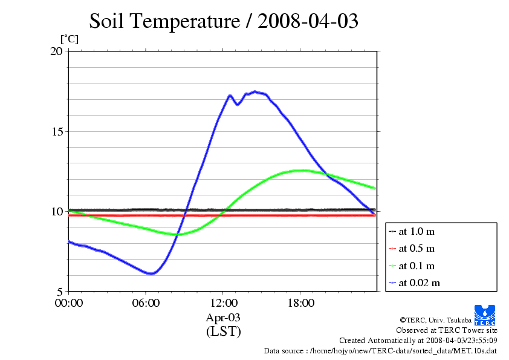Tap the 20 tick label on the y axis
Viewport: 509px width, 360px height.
(x=56, y=51)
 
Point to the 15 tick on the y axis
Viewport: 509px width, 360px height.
(x=56, y=131)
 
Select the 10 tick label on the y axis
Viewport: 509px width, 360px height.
(x=56, y=211)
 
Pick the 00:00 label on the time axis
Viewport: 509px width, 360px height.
(x=68, y=303)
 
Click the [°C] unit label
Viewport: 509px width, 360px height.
(x=69, y=39)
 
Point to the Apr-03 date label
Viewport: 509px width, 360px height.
(x=223, y=318)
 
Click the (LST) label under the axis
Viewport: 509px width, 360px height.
(x=223, y=332)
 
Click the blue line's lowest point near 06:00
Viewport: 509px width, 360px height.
(x=151, y=273)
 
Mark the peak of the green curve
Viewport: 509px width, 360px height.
(x=300, y=171)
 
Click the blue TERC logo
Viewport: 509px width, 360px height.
(x=485, y=315)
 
